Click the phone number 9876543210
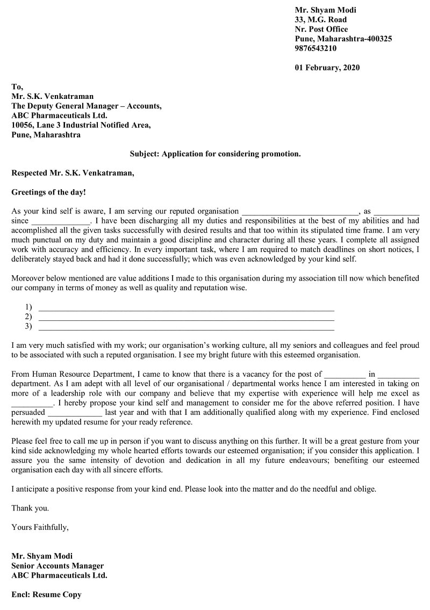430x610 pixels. [x=316, y=48]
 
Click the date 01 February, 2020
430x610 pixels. [x=327, y=68]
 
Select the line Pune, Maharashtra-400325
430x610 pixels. [x=343, y=39]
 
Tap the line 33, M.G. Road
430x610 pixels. [x=320, y=19]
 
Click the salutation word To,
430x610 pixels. [x=17, y=87]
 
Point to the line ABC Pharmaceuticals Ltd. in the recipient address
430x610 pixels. [x=59, y=116]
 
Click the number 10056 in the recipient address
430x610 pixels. [x=23, y=125]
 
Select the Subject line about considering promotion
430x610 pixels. [x=215, y=154]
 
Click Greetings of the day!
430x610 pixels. [x=48, y=192]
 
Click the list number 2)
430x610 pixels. [x=28, y=317]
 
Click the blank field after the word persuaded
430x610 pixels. [x=75, y=413]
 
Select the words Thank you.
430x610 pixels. [x=30, y=508]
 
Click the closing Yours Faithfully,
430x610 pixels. [x=40, y=527]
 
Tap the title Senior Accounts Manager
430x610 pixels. [x=58, y=566]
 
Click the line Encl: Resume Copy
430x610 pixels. [x=46, y=595]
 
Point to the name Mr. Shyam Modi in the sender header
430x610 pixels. [x=325, y=10]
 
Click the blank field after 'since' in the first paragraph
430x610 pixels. [x=61, y=221]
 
